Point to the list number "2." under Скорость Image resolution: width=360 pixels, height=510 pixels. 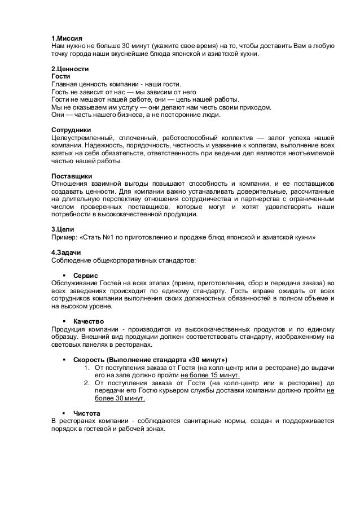click(x=87, y=382)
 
